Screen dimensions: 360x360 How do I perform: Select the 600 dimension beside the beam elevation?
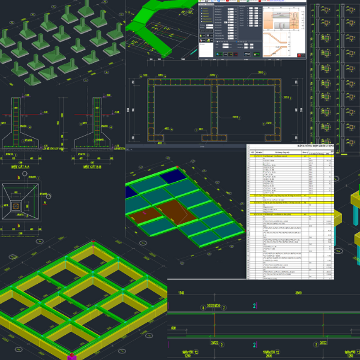pos(173,329)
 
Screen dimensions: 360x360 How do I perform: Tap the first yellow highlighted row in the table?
pos(294,196)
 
